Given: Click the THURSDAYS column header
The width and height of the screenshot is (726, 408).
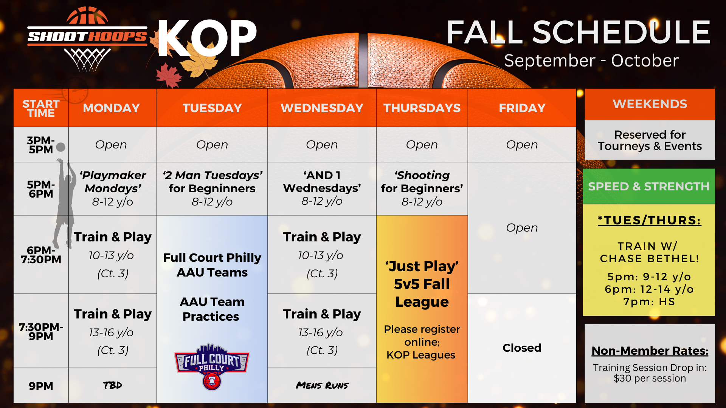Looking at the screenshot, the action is click(x=422, y=108).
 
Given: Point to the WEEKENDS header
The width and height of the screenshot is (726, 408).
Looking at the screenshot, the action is click(x=650, y=104).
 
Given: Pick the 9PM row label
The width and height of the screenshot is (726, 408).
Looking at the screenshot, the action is click(x=41, y=386).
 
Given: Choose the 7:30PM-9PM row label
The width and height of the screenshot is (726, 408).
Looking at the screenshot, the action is click(x=41, y=331).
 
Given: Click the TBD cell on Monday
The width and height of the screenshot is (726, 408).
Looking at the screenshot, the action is click(x=113, y=385).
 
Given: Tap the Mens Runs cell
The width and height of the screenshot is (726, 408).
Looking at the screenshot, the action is click(x=322, y=385).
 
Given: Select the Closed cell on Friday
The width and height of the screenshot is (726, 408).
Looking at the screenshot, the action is click(x=522, y=348).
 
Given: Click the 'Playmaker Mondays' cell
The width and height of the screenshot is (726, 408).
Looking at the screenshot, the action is click(x=113, y=189).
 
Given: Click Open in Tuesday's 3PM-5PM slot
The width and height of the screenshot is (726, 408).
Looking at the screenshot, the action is click(x=212, y=144).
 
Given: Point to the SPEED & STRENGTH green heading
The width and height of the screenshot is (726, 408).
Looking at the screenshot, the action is click(x=649, y=187).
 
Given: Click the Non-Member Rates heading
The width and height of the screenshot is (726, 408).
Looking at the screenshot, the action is click(x=650, y=351).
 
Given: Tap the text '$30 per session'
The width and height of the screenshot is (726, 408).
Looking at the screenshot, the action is click(x=650, y=378).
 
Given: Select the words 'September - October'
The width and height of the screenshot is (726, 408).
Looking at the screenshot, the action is click(x=591, y=61).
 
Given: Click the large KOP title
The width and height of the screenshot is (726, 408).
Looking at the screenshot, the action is click(x=207, y=38).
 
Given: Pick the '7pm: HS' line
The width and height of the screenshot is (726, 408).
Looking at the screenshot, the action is click(x=649, y=301).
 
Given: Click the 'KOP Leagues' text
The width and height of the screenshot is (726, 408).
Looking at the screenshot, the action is click(x=421, y=355).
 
